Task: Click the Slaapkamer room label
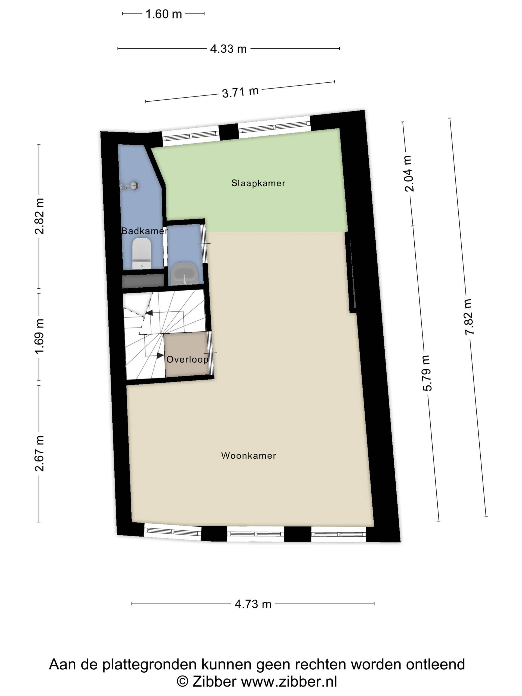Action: (x=258, y=183)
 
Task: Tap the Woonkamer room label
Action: (x=248, y=456)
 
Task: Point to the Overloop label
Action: (x=187, y=359)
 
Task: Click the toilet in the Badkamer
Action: (x=142, y=254)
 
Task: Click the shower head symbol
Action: (x=130, y=186)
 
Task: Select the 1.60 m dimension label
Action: (x=164, y=14)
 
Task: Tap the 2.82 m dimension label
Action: (x=39, y=216)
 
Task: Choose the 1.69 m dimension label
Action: (x=39, y=336)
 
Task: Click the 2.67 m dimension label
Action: (x=39, y=453)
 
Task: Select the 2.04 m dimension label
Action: (x=409, y=173)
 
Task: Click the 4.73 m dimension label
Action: (x=253, y=604)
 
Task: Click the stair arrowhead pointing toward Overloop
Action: (x=160, y=355)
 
